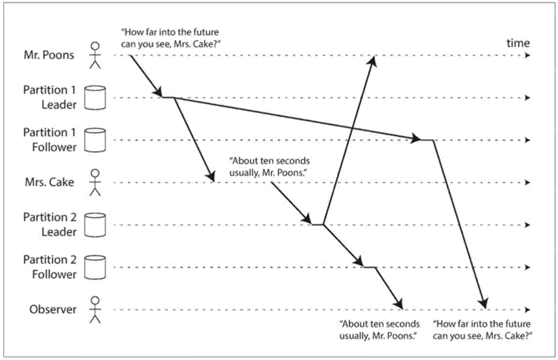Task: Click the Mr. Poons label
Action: coord(49,55)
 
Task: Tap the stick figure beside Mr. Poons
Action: coord(95,55)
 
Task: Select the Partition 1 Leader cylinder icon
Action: coord(95,97)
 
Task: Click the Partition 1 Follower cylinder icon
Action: coord(95,140)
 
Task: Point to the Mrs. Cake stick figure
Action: coord(95,182)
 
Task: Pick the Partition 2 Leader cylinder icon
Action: coord(95,225)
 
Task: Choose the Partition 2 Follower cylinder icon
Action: coord(95,267)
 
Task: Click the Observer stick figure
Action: coord(95,309)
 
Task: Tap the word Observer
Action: coord(52,309)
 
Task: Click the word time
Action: coord(518,43)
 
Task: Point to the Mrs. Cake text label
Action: coord(49,182)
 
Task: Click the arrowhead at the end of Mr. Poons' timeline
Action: coord(528,55)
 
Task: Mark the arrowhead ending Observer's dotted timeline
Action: coord(528,309)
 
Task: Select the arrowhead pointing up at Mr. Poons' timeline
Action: coord(373,60)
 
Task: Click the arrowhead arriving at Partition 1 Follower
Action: coord(416,138)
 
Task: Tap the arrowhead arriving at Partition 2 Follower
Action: coord(359,262)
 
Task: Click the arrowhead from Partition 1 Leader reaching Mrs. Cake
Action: coord(211,176)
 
